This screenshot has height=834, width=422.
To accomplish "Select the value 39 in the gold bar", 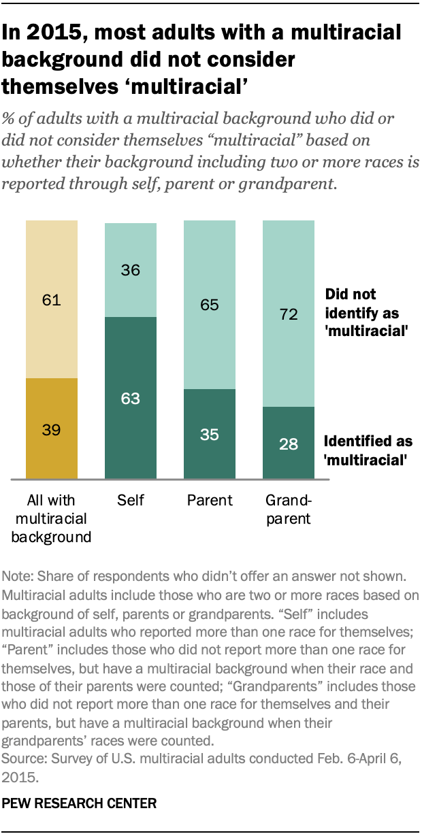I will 52,431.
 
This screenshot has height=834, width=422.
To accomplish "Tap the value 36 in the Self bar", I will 130,271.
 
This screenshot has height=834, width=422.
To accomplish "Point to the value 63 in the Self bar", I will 130,398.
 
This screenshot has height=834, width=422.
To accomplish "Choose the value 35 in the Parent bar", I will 210,435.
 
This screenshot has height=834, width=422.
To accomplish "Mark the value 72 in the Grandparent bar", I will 289,314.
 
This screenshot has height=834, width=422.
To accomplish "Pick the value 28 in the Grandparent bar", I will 289,443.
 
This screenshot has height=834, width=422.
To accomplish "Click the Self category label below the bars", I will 130,501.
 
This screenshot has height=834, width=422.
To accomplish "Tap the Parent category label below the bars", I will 210,501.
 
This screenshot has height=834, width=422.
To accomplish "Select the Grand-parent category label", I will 288,510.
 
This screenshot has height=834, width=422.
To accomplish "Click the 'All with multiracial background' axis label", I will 52,519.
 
